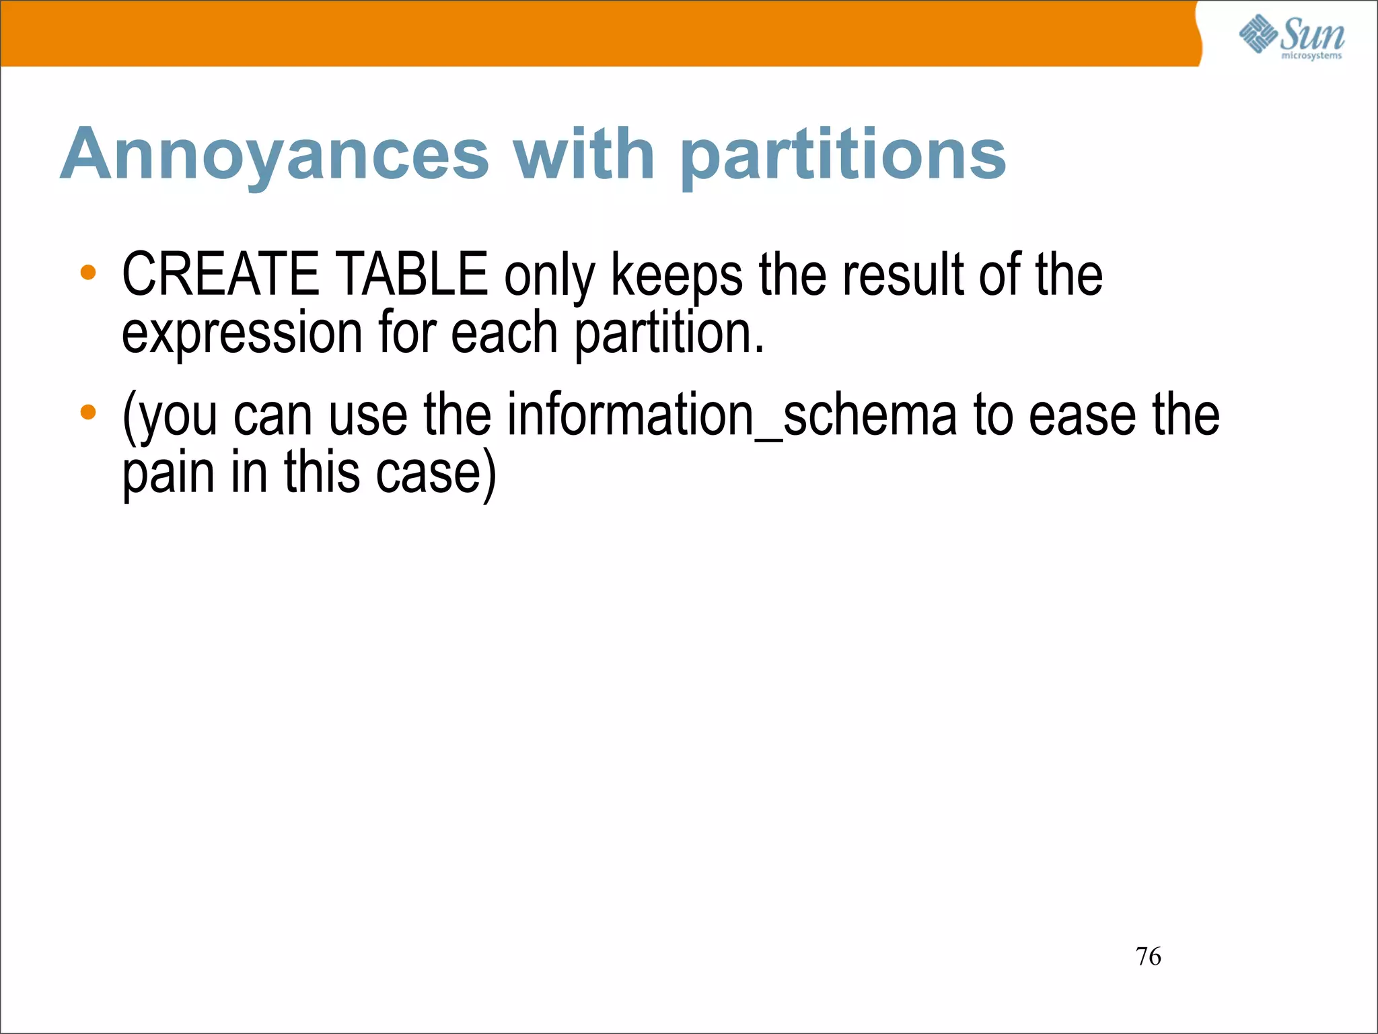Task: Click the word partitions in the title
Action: [x=843, y=156]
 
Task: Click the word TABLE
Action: [x=411, y=274]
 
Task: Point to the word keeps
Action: [x=677, y=275]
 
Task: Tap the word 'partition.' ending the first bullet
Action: [x=669, y=333]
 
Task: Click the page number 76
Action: [x=1148, y=957]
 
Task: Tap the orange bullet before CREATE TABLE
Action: [x=88, y=273]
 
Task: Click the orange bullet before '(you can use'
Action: [x=88, y=412]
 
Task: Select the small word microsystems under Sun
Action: [x=1311, y=56]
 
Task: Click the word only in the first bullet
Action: [x=550, y=275]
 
